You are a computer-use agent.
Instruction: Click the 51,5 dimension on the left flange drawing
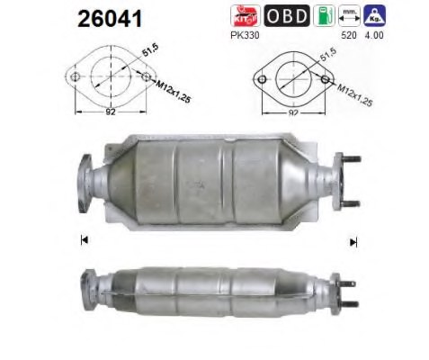pos(138,62)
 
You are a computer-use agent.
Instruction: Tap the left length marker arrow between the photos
pos(82,239)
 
